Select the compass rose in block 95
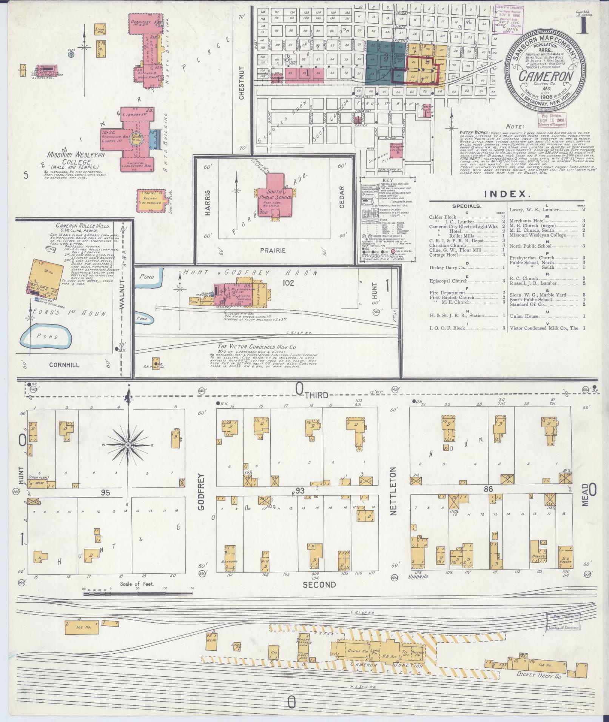tap(128, 445)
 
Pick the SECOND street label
tap(319, 595)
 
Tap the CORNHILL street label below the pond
tap(64, 365)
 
